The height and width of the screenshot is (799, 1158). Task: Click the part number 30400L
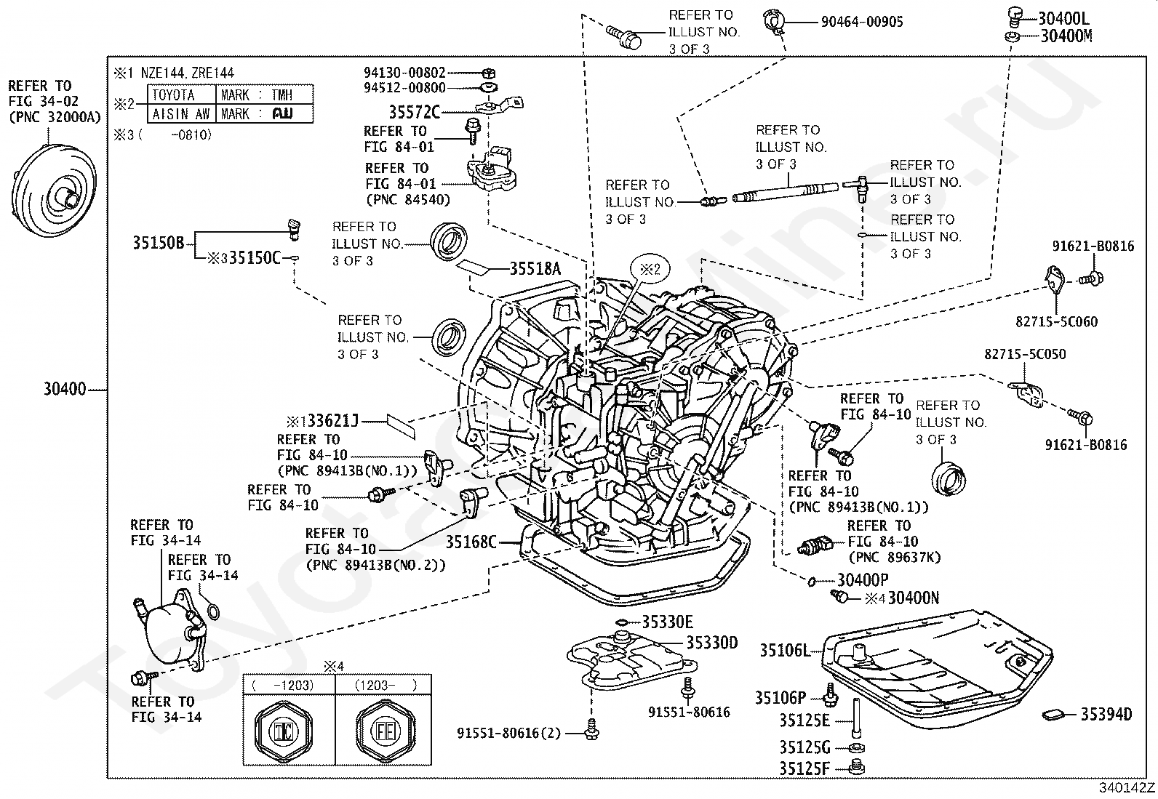[1063, 19]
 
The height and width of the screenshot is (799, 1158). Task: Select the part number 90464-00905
[862, 22]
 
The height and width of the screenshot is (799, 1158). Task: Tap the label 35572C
[415, 112]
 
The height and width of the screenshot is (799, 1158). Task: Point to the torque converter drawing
[54, 190]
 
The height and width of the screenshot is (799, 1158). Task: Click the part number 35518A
[535, 269]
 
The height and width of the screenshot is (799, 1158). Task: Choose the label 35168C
[471, 542]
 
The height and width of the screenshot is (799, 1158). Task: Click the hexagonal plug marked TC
[284, 731]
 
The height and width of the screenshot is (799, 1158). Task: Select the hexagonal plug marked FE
[385, 731]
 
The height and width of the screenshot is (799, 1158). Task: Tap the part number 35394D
[1106, 714]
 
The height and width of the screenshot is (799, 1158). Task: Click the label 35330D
[712, 643]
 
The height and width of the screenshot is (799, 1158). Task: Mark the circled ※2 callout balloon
[650, 269]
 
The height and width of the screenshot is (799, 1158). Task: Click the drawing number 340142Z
[1127, 787]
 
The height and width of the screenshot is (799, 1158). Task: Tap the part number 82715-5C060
[1056, 321]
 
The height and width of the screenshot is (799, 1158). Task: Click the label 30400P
[862, 580]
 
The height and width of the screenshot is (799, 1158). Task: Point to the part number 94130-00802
[404, 73]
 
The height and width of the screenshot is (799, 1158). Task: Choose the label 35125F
[804, 768]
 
